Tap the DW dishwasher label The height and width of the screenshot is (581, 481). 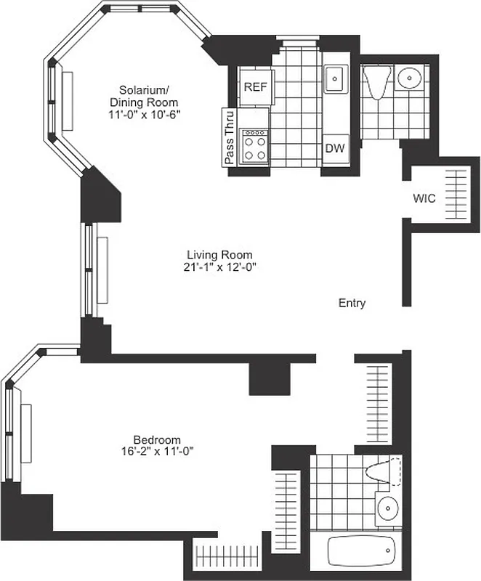point(334,149)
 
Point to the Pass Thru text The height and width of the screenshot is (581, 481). point(230,137)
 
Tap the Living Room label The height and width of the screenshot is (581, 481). point(219,255)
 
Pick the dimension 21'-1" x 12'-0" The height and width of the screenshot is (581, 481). point(219,267)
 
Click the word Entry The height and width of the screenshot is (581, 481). point(352,304)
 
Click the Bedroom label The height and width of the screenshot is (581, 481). point(156,439)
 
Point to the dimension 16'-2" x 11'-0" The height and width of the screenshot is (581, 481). point(156,451)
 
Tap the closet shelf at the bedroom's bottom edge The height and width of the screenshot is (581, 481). point(227,556)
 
